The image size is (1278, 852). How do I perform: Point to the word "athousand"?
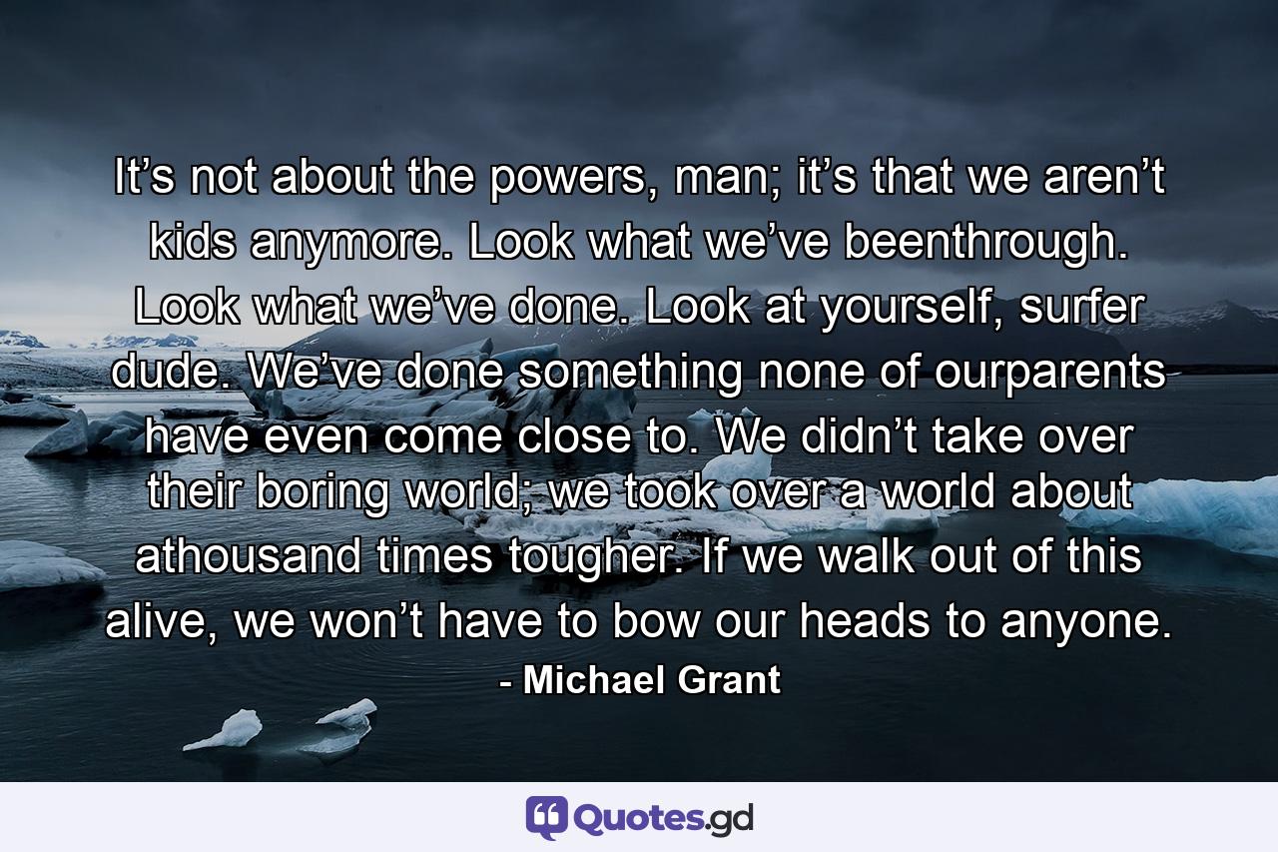[x=258, y=556]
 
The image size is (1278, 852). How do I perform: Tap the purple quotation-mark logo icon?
[x=546, y=817]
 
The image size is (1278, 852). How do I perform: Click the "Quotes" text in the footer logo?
[x=638, y=817]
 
